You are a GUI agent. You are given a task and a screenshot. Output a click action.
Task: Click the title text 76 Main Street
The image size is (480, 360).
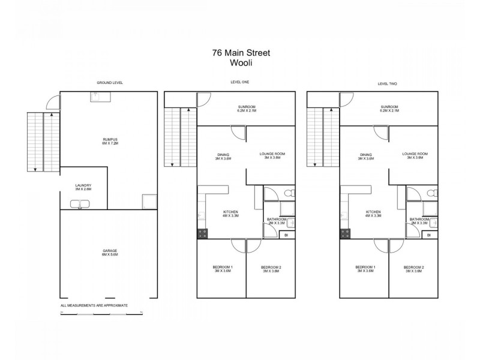[x=241, y=52]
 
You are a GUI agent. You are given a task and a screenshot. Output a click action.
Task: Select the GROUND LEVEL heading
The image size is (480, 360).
[x=110, y=82]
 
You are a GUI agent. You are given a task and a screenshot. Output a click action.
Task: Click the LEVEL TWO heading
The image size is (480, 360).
[x=387, y=83]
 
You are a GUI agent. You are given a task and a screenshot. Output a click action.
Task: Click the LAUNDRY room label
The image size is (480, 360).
[x=83, y=185]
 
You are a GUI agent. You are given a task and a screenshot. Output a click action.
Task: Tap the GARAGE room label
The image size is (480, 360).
[x=109, y=250]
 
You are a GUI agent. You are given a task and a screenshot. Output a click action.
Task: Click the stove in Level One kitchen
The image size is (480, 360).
[x=202, y=234]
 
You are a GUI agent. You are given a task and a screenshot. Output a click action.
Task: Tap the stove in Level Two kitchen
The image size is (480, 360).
[x=344, y=234]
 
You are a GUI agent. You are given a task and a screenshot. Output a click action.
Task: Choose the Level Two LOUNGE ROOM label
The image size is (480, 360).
[x=415, y=154]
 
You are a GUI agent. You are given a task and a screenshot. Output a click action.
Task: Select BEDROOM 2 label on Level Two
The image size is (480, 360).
[x=413, y=266]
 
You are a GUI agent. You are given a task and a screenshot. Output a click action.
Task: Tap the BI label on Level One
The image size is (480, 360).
[x=286, y=235]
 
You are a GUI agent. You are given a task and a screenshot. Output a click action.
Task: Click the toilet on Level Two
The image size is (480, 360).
[x=431, y=193]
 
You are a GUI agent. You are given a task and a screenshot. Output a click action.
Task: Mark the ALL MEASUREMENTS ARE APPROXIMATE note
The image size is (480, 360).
[x=94, y=305]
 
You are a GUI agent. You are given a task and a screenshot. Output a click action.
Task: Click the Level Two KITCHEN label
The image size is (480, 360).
[x=373, y=212]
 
